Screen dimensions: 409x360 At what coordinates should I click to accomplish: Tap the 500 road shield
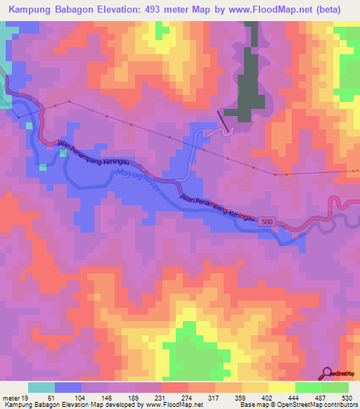[263, 220]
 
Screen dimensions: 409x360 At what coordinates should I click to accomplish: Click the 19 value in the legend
[26, 398]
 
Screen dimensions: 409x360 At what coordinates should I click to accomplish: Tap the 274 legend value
[187, 398]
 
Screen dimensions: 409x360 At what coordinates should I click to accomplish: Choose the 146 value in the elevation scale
[107, 398]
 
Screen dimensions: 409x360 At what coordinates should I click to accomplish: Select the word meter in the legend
[12, 398]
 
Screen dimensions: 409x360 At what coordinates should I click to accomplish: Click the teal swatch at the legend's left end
[41, 387]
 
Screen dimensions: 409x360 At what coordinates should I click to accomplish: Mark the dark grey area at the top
[250, 84]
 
